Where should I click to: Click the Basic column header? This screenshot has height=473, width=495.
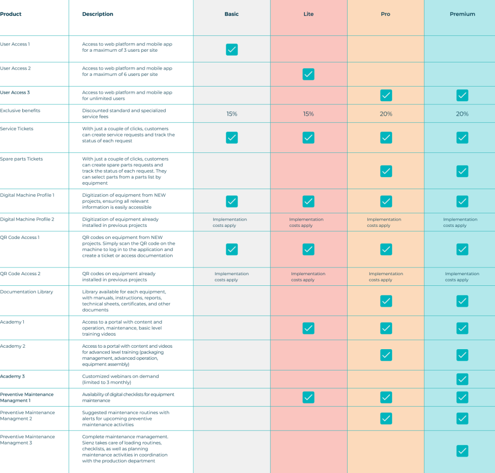coord(232,14)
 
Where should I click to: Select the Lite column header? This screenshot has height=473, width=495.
coord(308,14)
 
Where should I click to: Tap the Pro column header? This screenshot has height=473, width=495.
coord(385,14)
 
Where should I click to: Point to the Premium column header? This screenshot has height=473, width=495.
coord(462,14)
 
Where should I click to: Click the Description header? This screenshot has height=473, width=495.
coord(99,14)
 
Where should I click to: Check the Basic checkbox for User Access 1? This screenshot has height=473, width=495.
coord(232,49)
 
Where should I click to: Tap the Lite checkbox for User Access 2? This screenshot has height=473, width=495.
coord(308,74)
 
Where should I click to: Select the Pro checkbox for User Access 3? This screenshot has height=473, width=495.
coord(385,95)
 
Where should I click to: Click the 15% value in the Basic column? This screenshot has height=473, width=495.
coord(232,114)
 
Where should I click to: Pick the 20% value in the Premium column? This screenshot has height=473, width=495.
coord(462,114)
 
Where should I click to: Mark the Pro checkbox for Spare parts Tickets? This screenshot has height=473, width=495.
coord(385,171)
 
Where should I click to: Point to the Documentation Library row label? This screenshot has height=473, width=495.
coord(26,292)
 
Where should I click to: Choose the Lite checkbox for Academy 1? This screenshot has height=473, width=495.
coord(308,328)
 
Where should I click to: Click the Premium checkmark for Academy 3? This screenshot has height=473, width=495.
coord(462,379)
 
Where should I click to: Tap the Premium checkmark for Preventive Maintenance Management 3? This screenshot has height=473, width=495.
coord(462,451)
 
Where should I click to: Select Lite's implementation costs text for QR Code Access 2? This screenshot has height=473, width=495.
coord(307,277)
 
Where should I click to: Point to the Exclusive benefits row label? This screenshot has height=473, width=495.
coord(20,111)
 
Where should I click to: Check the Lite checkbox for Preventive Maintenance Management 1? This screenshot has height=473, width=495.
coord(308,397)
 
